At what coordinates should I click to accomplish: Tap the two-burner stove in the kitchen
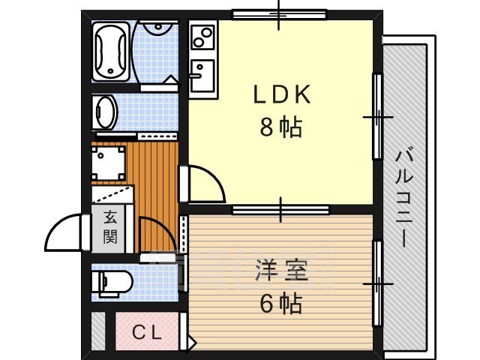coord(202,35)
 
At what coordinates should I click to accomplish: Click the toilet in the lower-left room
coord(112,283)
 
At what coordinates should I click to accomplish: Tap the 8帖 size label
coord(281,128)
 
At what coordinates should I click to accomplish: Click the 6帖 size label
coord(281,303)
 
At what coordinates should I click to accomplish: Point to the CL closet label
coord(148,331)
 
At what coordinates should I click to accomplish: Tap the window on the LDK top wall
coord(279,13)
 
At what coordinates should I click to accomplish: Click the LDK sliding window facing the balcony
coord(377,116)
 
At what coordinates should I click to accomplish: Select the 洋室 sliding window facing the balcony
coord(377,283)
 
